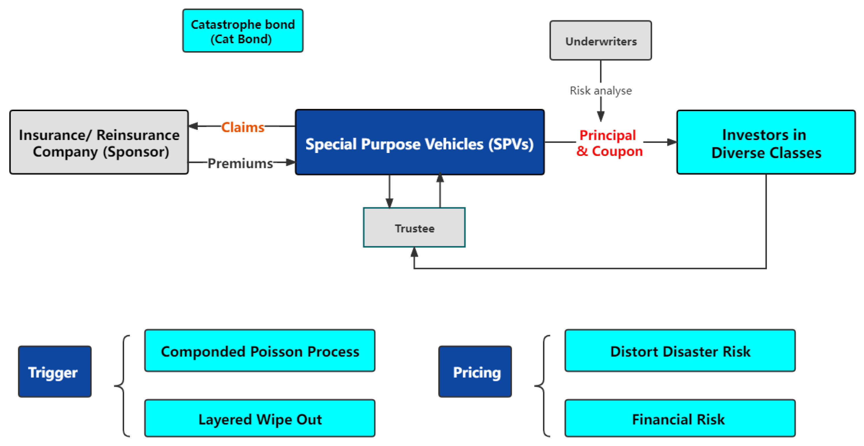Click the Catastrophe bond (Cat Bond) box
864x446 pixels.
click(x=243, y=31)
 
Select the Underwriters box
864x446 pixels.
click(x=600, y=41)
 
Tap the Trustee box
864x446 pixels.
click(x=414, y=227)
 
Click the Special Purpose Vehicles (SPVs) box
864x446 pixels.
click(x=420, y=142)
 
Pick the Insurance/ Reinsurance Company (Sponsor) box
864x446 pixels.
click(x=99, y=142)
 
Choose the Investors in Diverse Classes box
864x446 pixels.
click(x=766, y=142)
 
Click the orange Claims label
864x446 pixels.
click(x=243, y=127)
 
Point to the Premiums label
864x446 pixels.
click(x=240, y=163)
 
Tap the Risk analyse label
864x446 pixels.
click(x=600, y=91)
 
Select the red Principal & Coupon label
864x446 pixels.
click(x=609, y=143)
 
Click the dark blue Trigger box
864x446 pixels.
click(x=55, y=372)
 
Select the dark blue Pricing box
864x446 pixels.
click(x=475, y=372)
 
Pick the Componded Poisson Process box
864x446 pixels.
click(x=260, y=350)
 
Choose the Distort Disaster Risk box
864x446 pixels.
click(x=680, y=350)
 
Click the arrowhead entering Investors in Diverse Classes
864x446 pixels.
click(x=672, y=142)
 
